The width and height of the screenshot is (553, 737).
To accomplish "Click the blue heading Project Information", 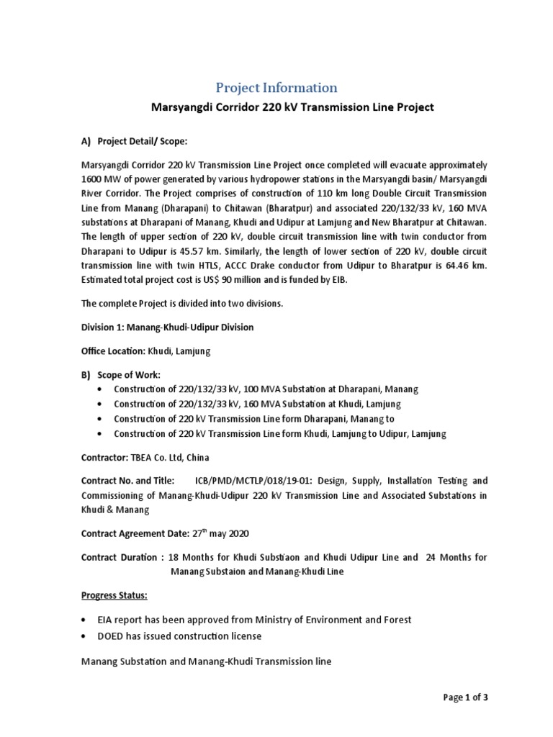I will [x=276, y=88].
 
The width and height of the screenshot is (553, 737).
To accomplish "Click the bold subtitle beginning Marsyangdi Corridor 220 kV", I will [x=292, y=108].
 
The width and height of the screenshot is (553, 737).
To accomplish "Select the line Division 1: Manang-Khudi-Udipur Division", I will [x=166, y=327].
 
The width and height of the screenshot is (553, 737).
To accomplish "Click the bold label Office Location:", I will [x=113, y=351].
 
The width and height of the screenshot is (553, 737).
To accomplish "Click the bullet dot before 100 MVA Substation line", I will [x=99, y=389].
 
